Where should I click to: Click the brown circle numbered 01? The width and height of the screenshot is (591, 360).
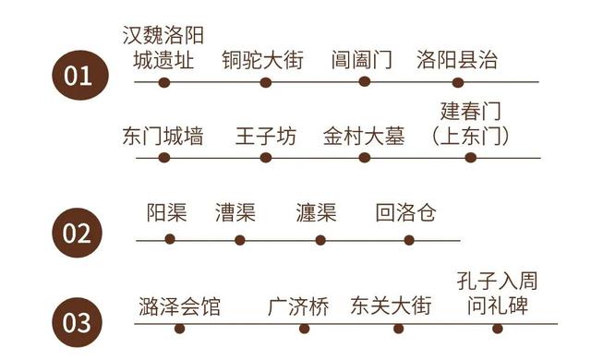click(x=77, y=75)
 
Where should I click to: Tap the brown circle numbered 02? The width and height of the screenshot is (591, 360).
click(x=77, y=232)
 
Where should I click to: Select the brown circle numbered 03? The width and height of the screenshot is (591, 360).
click(x=77, y=322)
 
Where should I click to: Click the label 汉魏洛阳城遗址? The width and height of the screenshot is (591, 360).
click(x=164, y=49)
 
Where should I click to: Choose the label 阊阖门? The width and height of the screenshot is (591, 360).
click(x=362, y=61)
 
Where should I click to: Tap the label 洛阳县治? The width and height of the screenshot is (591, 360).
click(x=457, y=61)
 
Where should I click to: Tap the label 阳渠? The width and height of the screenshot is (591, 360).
click(x=167, y=213)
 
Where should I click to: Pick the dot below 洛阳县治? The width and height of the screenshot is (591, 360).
click(x=458, y=82)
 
